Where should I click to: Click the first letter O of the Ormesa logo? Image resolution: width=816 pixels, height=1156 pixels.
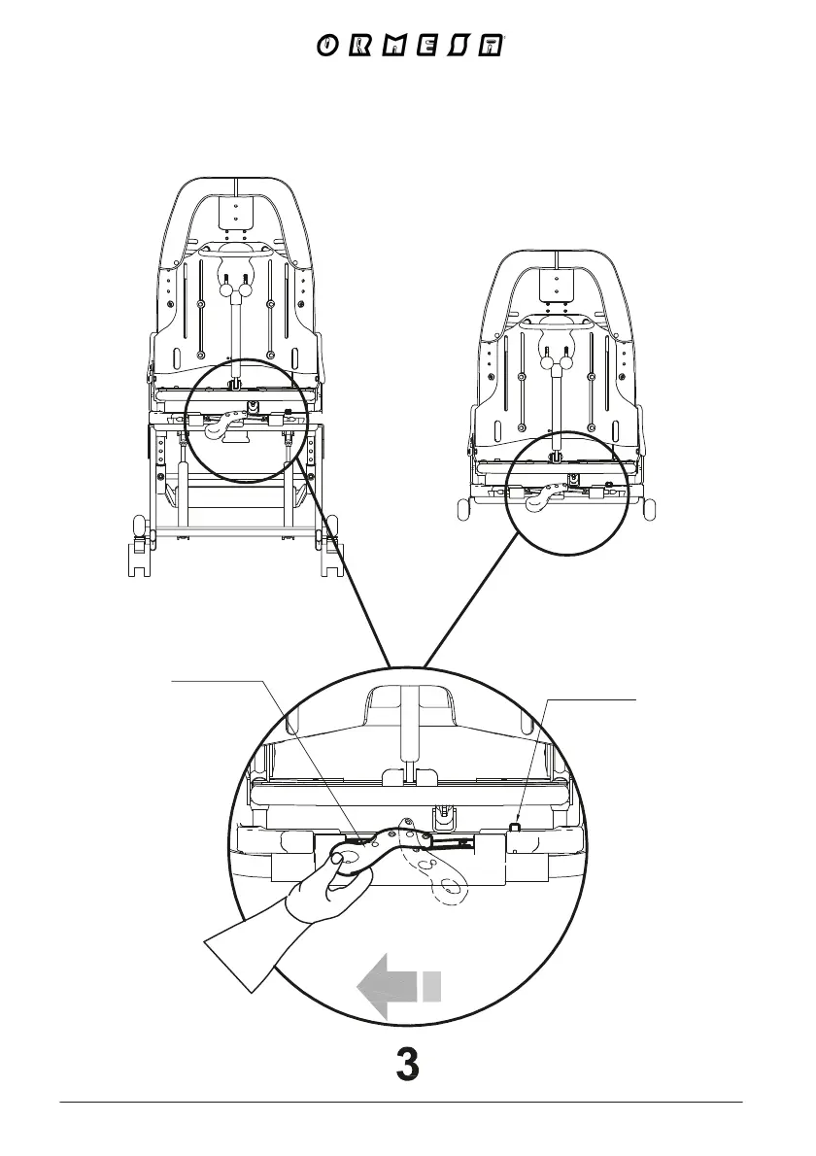click(328, 47)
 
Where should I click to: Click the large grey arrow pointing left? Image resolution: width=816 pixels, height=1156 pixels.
click(387, 987)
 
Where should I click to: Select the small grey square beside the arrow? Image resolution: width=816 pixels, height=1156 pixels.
click(432, 986)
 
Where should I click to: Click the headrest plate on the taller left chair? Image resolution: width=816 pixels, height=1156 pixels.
click(237, 213)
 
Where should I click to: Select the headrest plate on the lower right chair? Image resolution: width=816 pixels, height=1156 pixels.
click(556, 281)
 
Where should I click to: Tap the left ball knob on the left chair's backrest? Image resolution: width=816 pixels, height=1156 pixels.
click(227, 289)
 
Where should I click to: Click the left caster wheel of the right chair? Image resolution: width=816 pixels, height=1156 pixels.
click(463, 508)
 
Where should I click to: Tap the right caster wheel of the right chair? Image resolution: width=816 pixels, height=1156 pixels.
click(649, 508)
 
